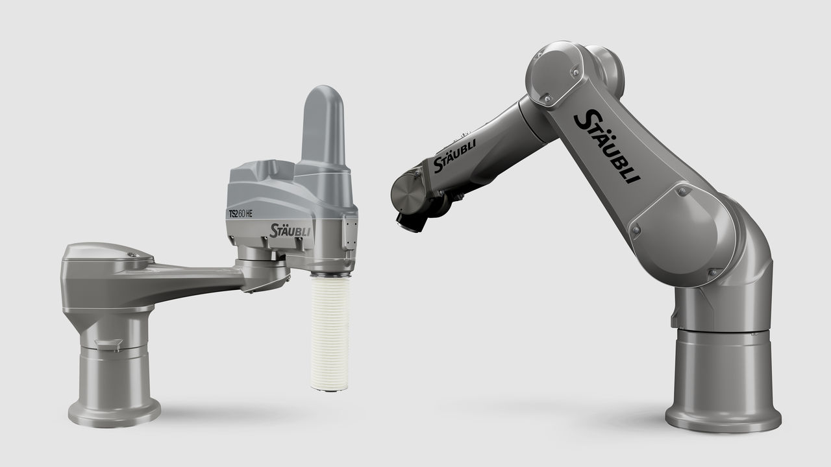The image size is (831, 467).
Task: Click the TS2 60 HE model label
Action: point(240,214)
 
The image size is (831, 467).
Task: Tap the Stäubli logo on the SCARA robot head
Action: point(290,230)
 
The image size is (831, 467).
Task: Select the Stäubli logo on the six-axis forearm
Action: point(454,156)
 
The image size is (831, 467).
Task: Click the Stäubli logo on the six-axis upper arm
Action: point(607,146)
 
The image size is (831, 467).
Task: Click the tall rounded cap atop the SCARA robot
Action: point(323,125)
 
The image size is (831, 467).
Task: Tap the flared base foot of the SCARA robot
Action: point(114,411)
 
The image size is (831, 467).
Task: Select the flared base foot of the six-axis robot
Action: point(723,416)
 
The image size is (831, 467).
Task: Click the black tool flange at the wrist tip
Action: point(411,222)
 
